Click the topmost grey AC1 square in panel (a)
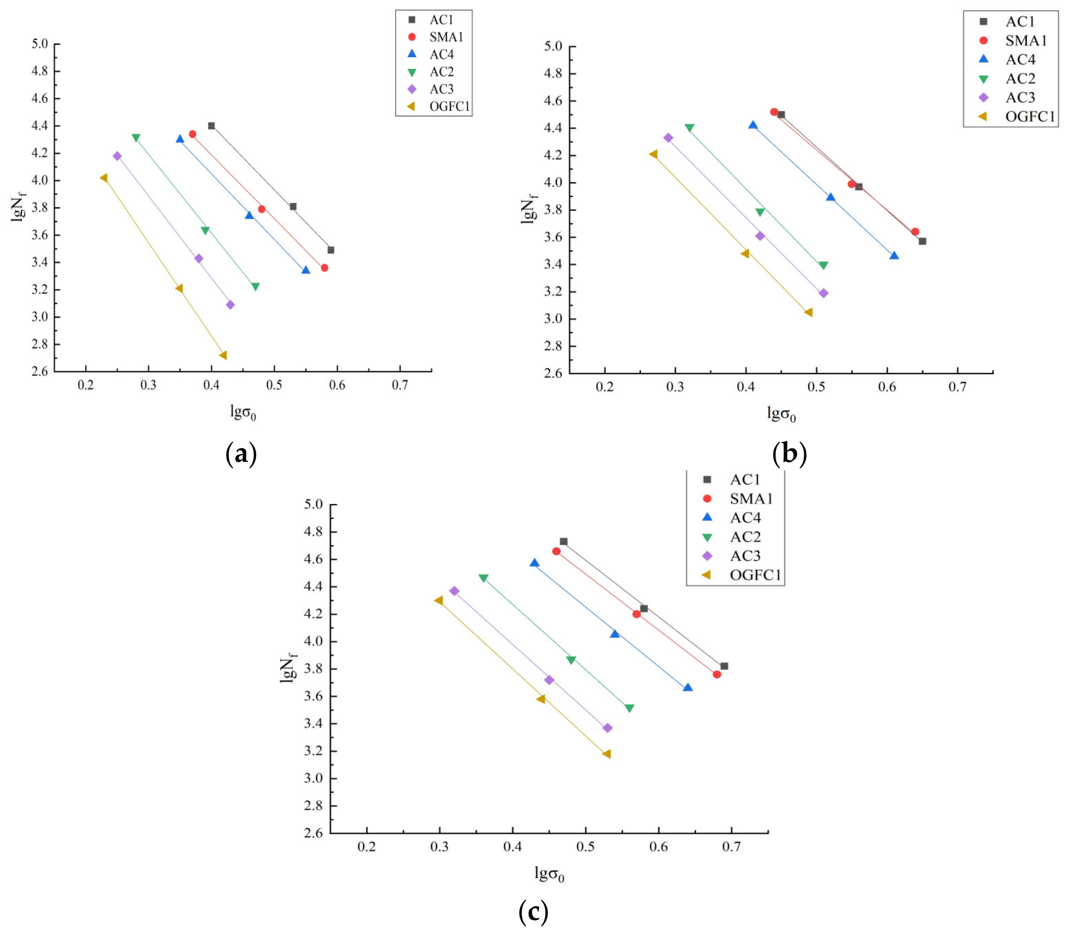212,126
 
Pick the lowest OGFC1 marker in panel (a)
223,356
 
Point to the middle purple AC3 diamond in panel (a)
199,259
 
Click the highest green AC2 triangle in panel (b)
689,128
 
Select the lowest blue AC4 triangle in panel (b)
894,255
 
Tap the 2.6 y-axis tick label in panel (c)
313,833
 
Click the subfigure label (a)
241,454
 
